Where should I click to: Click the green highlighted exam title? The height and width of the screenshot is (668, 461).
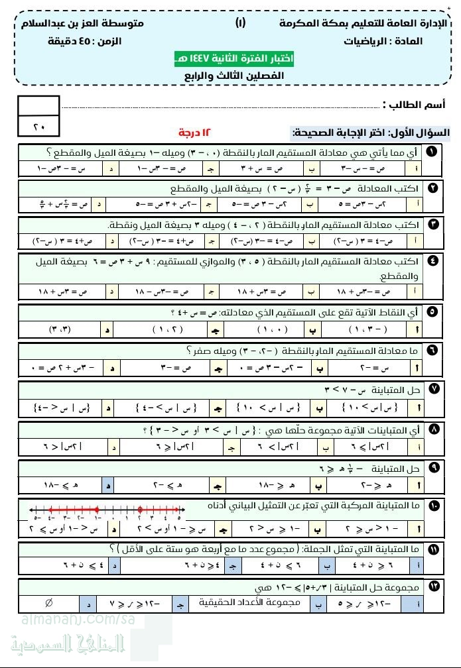coord(235,59)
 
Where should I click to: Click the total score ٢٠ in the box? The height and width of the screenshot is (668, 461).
coord(38,125)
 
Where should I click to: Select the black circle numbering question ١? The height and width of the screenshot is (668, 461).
coord(432,152)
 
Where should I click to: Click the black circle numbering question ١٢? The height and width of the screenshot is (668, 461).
coord(432,585)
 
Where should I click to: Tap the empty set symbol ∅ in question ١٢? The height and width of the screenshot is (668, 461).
coord(48,604)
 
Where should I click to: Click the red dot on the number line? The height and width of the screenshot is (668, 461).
coord(139,510)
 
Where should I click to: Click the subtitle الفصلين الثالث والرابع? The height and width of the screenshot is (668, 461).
coord(233,76)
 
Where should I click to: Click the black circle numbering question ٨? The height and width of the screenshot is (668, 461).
coord(432,430)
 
